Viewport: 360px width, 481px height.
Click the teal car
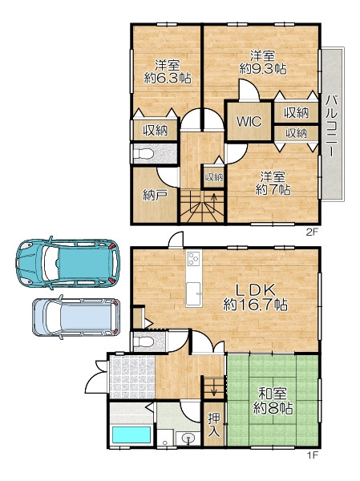pos(68,263)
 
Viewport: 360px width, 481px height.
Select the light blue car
pos(76,317)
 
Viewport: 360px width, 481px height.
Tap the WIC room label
pos(249,122)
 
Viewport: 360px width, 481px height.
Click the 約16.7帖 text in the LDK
pos(255,305)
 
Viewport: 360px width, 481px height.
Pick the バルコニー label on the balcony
pos(331,126)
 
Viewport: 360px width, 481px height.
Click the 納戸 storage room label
pos(156,195)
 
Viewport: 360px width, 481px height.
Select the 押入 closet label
pos(213,425)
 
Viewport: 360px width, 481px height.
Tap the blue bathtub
pos(131,435)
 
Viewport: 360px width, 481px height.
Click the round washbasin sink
pos(188,438)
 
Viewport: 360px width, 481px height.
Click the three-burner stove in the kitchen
pos(194,258)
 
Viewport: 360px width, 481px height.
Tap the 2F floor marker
pos(312,232)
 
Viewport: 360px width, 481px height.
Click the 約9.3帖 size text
pos(263,69)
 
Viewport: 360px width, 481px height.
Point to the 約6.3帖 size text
pos(168,79)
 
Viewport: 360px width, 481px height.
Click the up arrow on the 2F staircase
pos(214,202)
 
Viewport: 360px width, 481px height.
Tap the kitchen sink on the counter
pos(194,294)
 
